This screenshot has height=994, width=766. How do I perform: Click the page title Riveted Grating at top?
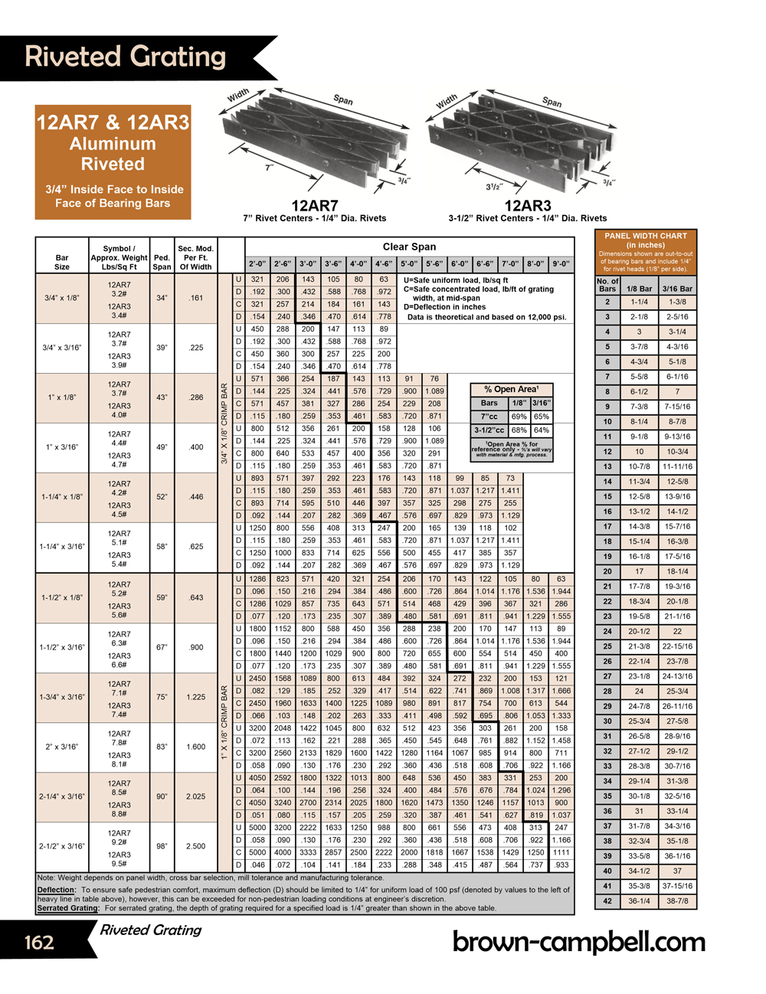click(x=126, y=57)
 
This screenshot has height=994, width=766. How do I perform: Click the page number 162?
click(x=39, y=942)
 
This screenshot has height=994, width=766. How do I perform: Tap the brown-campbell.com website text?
click(x=578, y=941)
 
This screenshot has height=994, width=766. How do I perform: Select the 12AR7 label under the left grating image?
click(x=314, y=205)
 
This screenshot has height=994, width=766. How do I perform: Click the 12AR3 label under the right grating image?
click(x=527, y=205)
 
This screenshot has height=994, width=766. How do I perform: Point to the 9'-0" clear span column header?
click(x=561, y=263)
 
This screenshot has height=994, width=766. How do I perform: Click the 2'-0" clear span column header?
click(x=257, y=263)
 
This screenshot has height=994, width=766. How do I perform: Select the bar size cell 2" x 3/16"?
click(x=62, y=747)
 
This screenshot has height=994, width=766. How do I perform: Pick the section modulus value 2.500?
click(x=196, y=846)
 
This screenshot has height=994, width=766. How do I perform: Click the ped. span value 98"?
click(x=162, y=846)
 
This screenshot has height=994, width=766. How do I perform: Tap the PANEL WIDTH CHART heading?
click(x=646, y=236)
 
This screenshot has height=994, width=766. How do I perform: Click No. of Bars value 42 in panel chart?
click(x=607, y=901)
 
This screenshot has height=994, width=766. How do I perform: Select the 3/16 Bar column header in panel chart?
click(x=677, y=289)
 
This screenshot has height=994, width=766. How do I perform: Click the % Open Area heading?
click(x=511, y=389)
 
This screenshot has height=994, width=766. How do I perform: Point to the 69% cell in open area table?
click(x=519, y=417)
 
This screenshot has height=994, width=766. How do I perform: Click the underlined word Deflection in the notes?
click(x=56, y=890)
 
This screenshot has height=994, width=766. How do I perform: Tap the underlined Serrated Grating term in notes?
click(x=67, y=908)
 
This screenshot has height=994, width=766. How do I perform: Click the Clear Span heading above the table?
click(x=409, y=247)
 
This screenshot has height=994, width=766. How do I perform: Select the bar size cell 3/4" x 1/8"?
click(x=61, y=298)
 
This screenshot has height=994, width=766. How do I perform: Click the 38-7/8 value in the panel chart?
click(x=677, y=901)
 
